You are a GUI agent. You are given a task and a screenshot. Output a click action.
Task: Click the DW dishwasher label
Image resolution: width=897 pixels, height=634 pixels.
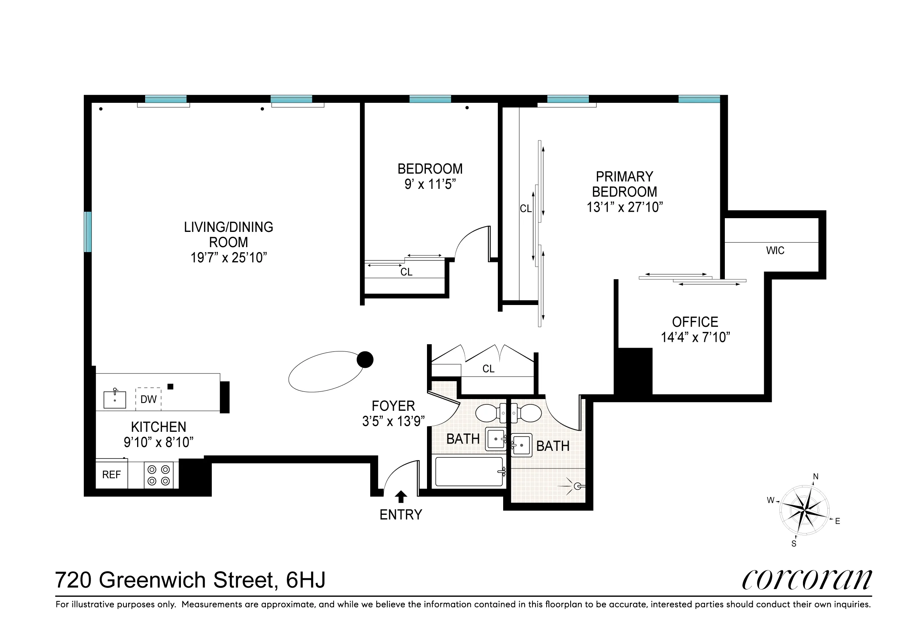pyautogui.click(x=149, y=399)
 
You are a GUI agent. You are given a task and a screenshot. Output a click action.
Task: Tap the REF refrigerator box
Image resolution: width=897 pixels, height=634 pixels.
pyautogui.click(x=111, y=474)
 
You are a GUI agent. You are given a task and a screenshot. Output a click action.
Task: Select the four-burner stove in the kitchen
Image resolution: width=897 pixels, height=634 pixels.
pyautogui.click(x=158, y=475)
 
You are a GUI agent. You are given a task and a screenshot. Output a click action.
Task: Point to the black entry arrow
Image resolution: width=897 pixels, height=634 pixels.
pyautogui.click(x=401, y=497)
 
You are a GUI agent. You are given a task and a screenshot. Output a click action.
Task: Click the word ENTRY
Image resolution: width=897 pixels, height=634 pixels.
pyautogui.click(x=401, y=515)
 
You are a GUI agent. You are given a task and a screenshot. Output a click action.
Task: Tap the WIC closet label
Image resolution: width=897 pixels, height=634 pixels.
pyautogui.click(x=775, y=251)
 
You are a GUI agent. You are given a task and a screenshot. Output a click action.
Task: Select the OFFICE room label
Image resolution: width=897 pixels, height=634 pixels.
pyautogui.click(x=695, y=322)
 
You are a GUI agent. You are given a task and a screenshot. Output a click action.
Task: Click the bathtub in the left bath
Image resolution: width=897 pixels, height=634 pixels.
pyautogui.click(x=469, y=472)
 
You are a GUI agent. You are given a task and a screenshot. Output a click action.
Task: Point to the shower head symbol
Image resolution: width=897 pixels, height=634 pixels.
pyautogui.click(x=577, y=486)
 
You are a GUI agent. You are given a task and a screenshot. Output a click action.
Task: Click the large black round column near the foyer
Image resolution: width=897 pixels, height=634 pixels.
pyautogui.click(x=365, y=359)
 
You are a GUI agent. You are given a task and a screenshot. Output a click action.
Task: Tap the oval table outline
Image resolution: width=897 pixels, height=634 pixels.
pyautogui.click(x=326, y=371)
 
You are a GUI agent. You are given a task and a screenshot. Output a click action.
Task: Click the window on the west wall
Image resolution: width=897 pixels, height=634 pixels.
pyautogui.click(x=88, y=232)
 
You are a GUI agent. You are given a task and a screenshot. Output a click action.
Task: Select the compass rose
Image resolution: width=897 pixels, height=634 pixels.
pyautogui.click(x=804, y=510)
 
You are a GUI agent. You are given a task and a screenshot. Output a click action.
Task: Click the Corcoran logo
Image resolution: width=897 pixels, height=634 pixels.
pyautogui.click(x=806, y=580)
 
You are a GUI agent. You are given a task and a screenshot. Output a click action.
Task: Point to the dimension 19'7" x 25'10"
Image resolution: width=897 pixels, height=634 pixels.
pyautogui.click(x=229, y=258)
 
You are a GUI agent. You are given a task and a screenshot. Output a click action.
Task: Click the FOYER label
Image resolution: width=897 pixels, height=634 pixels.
pyautogui.click(x=393, y=406)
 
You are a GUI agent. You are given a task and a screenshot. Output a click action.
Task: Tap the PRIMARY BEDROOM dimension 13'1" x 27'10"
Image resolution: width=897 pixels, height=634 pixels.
pyautogui.click(x=624, y=207)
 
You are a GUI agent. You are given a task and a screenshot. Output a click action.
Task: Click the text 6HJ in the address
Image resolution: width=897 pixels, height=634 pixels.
pyautogui.click(x=305, y=580)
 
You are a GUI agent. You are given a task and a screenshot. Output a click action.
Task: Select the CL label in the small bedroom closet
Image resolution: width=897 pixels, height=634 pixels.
pyautogui.click(x=406, y=272)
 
